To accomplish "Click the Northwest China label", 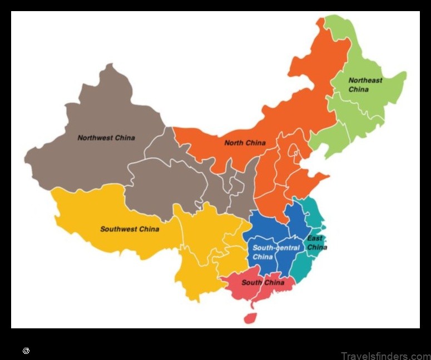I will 106,138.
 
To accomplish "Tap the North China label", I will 245,143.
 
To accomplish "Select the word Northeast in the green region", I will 365,81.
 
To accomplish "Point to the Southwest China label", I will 130,229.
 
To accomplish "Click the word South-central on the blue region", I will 276,248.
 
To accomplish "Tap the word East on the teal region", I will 315,238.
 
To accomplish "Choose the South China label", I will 263,282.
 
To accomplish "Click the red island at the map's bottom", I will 250,318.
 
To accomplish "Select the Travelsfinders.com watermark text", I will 385,356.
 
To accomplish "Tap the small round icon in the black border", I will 26,351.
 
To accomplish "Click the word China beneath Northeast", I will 359,89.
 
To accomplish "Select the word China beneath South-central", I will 263,257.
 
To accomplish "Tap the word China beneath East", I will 317,247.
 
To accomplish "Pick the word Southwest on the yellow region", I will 119,229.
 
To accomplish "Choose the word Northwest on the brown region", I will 95,138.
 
